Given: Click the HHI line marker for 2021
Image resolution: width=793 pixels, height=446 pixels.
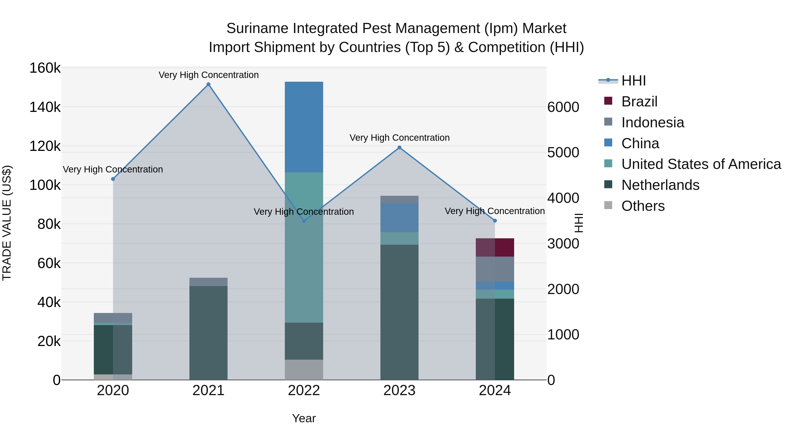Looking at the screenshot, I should click(x=208, y=84).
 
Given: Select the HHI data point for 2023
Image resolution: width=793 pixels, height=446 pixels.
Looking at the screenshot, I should click(x=399, y=147).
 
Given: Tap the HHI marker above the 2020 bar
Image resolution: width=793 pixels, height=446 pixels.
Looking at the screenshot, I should click(x=113, y=179).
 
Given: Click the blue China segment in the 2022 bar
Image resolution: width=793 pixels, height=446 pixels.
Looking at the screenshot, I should click(x=304, y=127).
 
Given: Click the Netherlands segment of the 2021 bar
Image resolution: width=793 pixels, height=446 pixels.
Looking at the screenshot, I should click(x=208, y=332).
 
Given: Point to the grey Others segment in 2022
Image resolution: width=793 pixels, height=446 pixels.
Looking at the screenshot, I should click(x=304, y=369).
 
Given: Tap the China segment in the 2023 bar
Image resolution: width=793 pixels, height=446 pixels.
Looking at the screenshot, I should click(x=399, y=217).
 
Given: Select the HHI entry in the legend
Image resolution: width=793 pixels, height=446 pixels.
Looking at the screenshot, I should click(x=634, y=81).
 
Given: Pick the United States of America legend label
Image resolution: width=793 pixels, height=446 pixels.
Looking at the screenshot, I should click(x=701, y=164).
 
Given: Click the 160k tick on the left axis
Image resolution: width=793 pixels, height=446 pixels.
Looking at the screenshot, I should click(x=45, y=68).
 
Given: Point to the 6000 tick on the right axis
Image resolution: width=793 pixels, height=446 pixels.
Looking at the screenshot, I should click(x=563, y=107).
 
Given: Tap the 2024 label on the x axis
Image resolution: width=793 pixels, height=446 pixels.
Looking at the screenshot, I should click(x=495, y=390).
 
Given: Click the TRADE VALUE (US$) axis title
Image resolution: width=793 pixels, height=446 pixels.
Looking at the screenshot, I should click(x=7, y=223).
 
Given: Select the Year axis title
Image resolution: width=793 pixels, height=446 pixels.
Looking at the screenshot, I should click(x=304, y=418).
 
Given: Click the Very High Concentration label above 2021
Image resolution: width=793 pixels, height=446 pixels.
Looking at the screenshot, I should click(x=208, y=75).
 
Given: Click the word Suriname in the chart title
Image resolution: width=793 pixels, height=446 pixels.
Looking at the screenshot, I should click(x=257, y=28).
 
